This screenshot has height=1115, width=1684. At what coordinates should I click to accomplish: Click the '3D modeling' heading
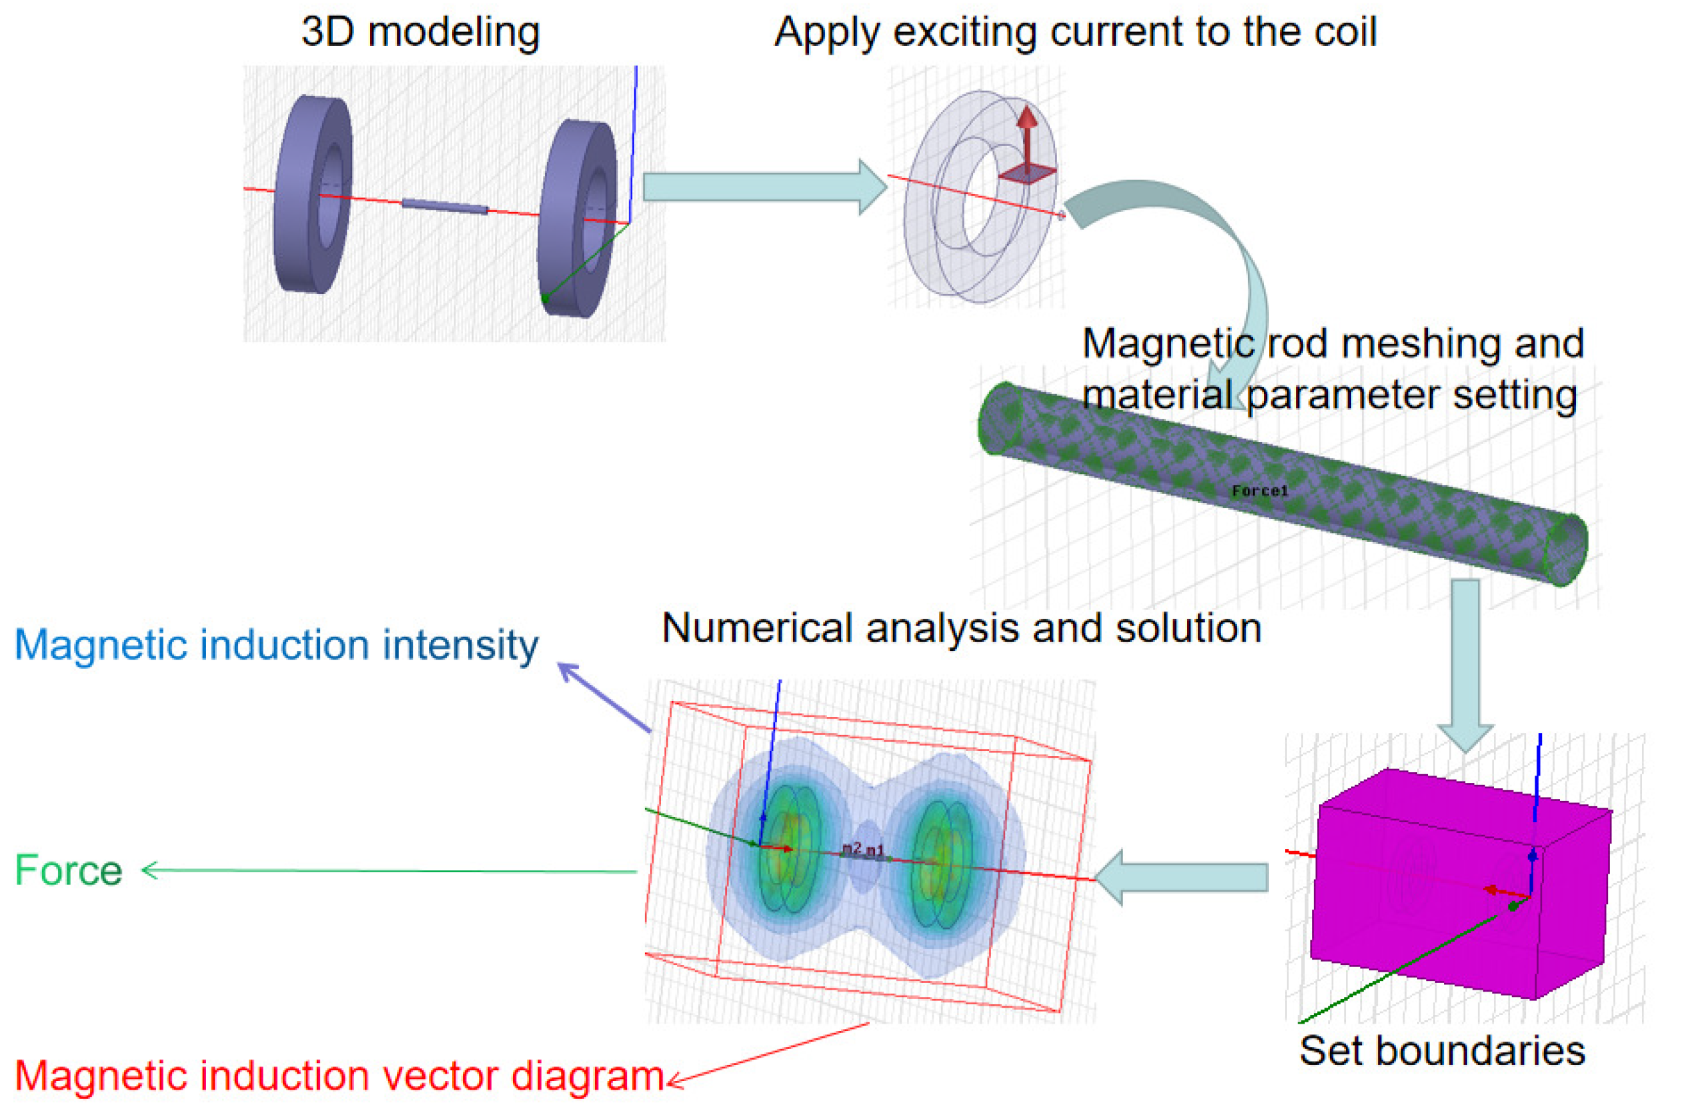[x=420, y=33]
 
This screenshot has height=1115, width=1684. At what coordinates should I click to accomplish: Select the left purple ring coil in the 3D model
[x=313, y=195]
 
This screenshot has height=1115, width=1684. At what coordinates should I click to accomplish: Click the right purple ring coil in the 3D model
[x=578, y=217]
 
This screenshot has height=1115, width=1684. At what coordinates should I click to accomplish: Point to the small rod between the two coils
[x=446, y=206]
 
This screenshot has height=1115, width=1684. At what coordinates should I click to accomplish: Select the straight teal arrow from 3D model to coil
[x=761, y=187]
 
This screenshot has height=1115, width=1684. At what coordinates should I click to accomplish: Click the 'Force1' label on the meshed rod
[x=1259, y=491]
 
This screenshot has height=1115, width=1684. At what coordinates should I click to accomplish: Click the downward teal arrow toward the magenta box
[x=1465, y=662]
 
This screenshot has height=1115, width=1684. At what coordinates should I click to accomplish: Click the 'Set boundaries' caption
[x=1441, y=1051]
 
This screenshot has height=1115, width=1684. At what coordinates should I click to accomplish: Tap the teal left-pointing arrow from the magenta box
[x=1180, y=877]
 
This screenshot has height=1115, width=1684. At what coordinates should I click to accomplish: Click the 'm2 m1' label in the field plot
[x=862, y=849]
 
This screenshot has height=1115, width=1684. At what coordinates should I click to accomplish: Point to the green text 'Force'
[x=69, y=871]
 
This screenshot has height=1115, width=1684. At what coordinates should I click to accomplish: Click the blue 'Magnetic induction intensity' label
[x=276, y=646]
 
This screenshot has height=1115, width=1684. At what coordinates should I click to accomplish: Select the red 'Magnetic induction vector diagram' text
[x=339, y=1075]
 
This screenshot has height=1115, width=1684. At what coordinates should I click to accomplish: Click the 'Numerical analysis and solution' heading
[x=962, y=629]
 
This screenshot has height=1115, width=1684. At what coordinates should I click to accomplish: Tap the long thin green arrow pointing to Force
[x=391, y=871]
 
